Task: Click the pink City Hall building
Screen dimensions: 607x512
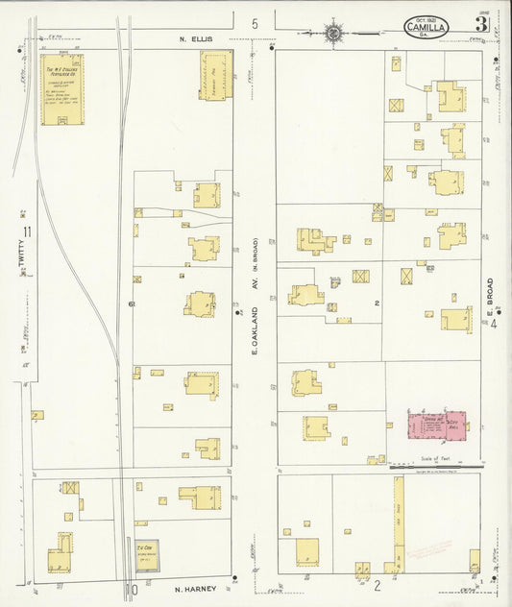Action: click(x=436, y=425)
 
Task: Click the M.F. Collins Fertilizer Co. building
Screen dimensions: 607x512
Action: click(x=61, y=89)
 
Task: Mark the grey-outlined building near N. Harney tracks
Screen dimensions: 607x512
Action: click(x=147, y=556)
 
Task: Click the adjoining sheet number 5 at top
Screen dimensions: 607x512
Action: click(x=256, y=23)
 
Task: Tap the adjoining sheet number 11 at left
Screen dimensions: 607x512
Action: click(x=28, y=231)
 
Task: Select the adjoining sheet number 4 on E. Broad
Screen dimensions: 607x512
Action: click(x=495, y=323)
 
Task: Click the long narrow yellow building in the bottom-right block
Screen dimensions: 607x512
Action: click(x=397, y=523)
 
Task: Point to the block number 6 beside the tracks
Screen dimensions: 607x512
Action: click(x=129, y=303)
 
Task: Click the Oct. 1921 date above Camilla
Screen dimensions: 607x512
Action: click(x=426, y=18)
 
